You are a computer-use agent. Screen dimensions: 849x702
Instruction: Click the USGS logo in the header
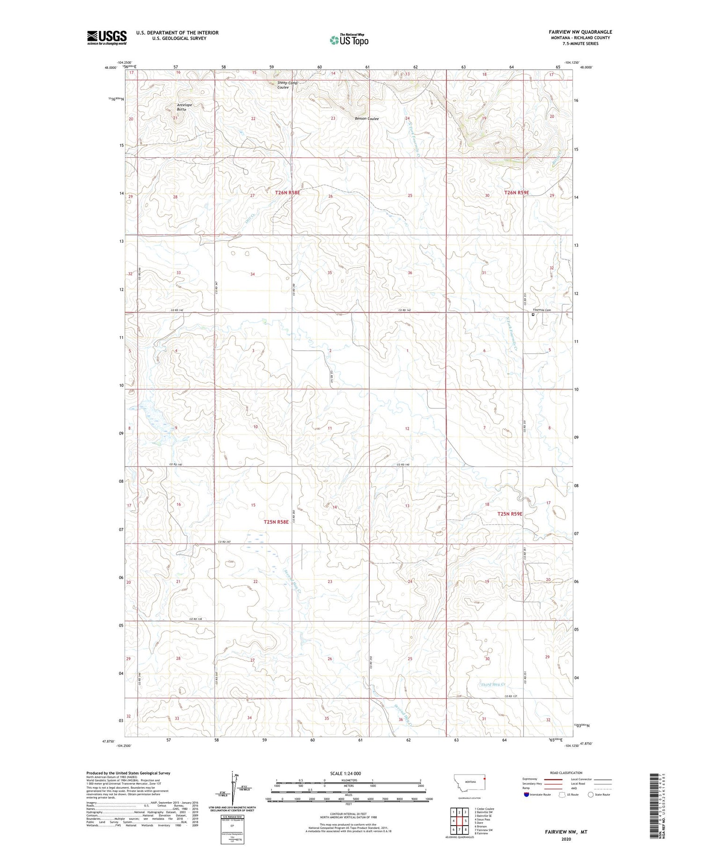tap(107, 37)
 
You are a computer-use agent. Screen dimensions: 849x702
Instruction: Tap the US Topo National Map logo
tap(349, 40)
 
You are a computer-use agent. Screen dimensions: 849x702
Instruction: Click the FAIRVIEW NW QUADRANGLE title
tap(580, 32)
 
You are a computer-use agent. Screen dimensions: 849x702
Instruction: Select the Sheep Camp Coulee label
tap(287, 85)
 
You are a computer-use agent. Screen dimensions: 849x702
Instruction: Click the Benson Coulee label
tap(366, 118)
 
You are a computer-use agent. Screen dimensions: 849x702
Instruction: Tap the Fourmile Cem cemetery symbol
tap(533, 315)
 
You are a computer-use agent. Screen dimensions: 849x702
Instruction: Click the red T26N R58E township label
tap(287, 192)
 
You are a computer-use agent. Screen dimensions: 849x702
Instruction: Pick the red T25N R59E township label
tap(509, 514)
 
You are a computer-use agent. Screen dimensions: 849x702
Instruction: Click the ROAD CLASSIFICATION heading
tap(566, 773)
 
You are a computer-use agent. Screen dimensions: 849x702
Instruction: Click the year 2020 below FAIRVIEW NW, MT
tap(565, 839)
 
